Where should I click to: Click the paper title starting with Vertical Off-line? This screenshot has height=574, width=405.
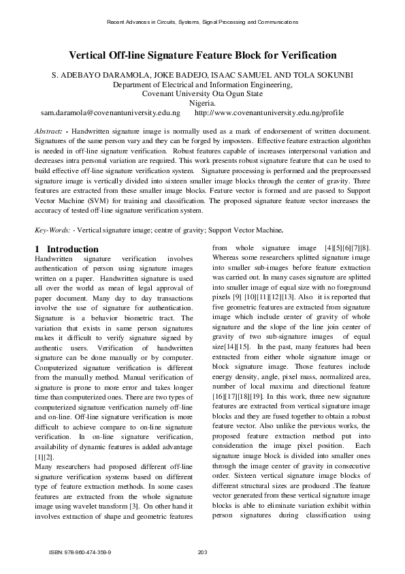point(202,55)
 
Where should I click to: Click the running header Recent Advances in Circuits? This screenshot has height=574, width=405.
point(202,22)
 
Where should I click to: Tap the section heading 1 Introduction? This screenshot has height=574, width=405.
point(66,250)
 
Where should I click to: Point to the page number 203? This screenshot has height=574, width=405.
point(201,552)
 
